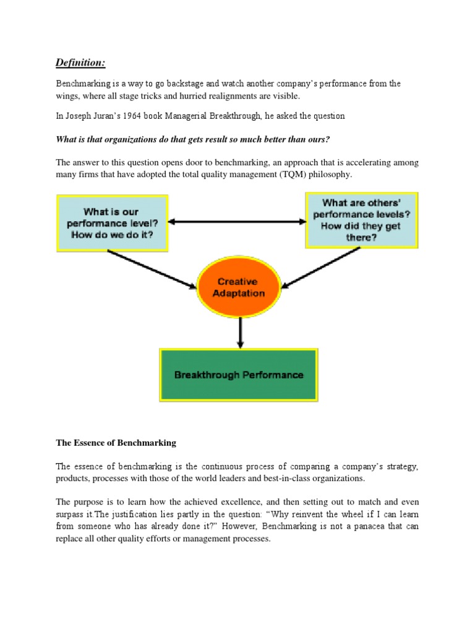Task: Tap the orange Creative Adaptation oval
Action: (238, 287)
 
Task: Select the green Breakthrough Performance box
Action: (239, 375)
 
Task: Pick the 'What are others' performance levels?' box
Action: (362, 220)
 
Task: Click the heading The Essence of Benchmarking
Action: (116, 443)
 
